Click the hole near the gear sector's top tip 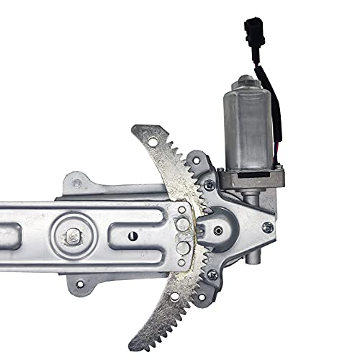[148, 135]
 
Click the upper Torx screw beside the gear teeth [208, 185]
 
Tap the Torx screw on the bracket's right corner [267, 227]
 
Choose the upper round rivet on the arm [184, 226]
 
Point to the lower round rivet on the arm [184, 248]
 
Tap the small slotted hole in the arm [132, 235]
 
